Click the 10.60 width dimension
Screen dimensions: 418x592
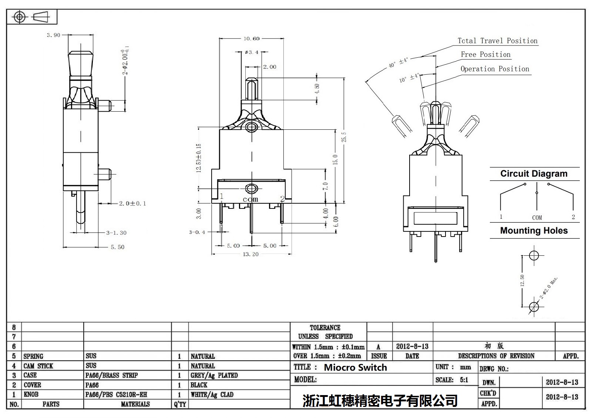pos(252,38)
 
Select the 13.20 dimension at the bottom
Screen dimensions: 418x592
pos(250,254)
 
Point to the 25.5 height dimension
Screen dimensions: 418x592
pos(344,137)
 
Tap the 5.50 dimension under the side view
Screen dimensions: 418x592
pos(117,247)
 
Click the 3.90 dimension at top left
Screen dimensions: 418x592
pos(53,35)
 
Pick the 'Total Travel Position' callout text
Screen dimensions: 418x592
pos(497,41)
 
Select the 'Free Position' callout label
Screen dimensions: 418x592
pos(485,55)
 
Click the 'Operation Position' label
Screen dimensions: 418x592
pos(495,69)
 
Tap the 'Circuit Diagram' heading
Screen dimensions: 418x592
pos(534,174)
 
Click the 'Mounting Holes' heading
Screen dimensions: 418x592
pos(534,231)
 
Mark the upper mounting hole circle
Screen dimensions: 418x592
pos(534,255)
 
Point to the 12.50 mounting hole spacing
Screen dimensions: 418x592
pos(522,281)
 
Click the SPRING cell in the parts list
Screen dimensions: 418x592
pos(33,356)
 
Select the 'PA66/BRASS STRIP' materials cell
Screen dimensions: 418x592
pos(111,375)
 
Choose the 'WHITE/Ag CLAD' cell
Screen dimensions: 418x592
pos(212,395)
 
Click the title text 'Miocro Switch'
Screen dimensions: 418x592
pos(355,367)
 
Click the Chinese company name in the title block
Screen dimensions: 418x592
pos(380,401)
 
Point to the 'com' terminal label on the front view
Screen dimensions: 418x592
pos(250,199)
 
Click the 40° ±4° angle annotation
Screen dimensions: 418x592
pos(398,62)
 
